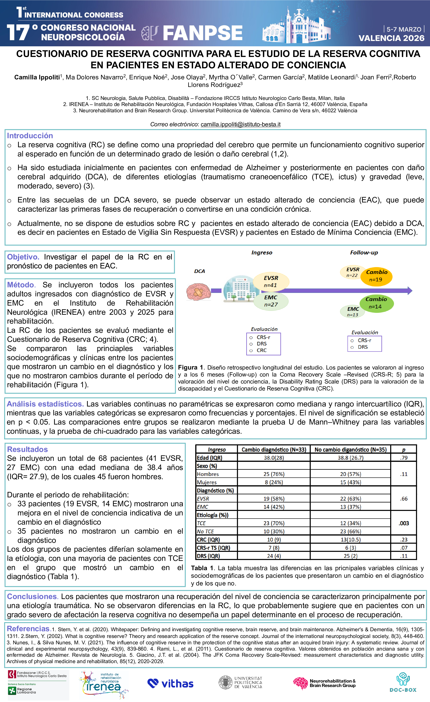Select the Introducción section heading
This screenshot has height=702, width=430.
point(30,136)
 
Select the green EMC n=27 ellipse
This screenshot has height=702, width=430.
point(271,301)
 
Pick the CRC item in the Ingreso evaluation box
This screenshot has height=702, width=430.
point(261,350)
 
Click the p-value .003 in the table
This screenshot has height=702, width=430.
point(404,523)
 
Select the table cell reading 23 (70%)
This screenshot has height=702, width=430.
point(274,523)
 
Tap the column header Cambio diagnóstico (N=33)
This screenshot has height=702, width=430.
point(274,450)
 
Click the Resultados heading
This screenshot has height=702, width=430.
point(27,449)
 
